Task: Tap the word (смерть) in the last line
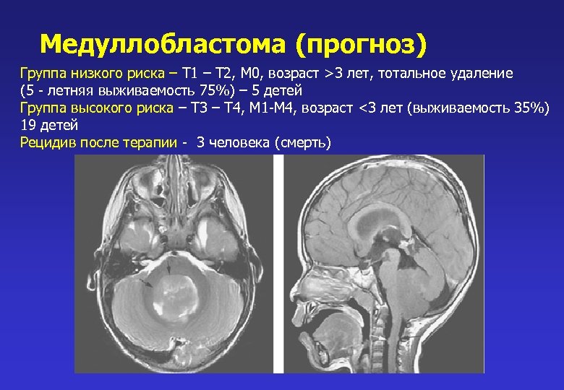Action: coord(303,143)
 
